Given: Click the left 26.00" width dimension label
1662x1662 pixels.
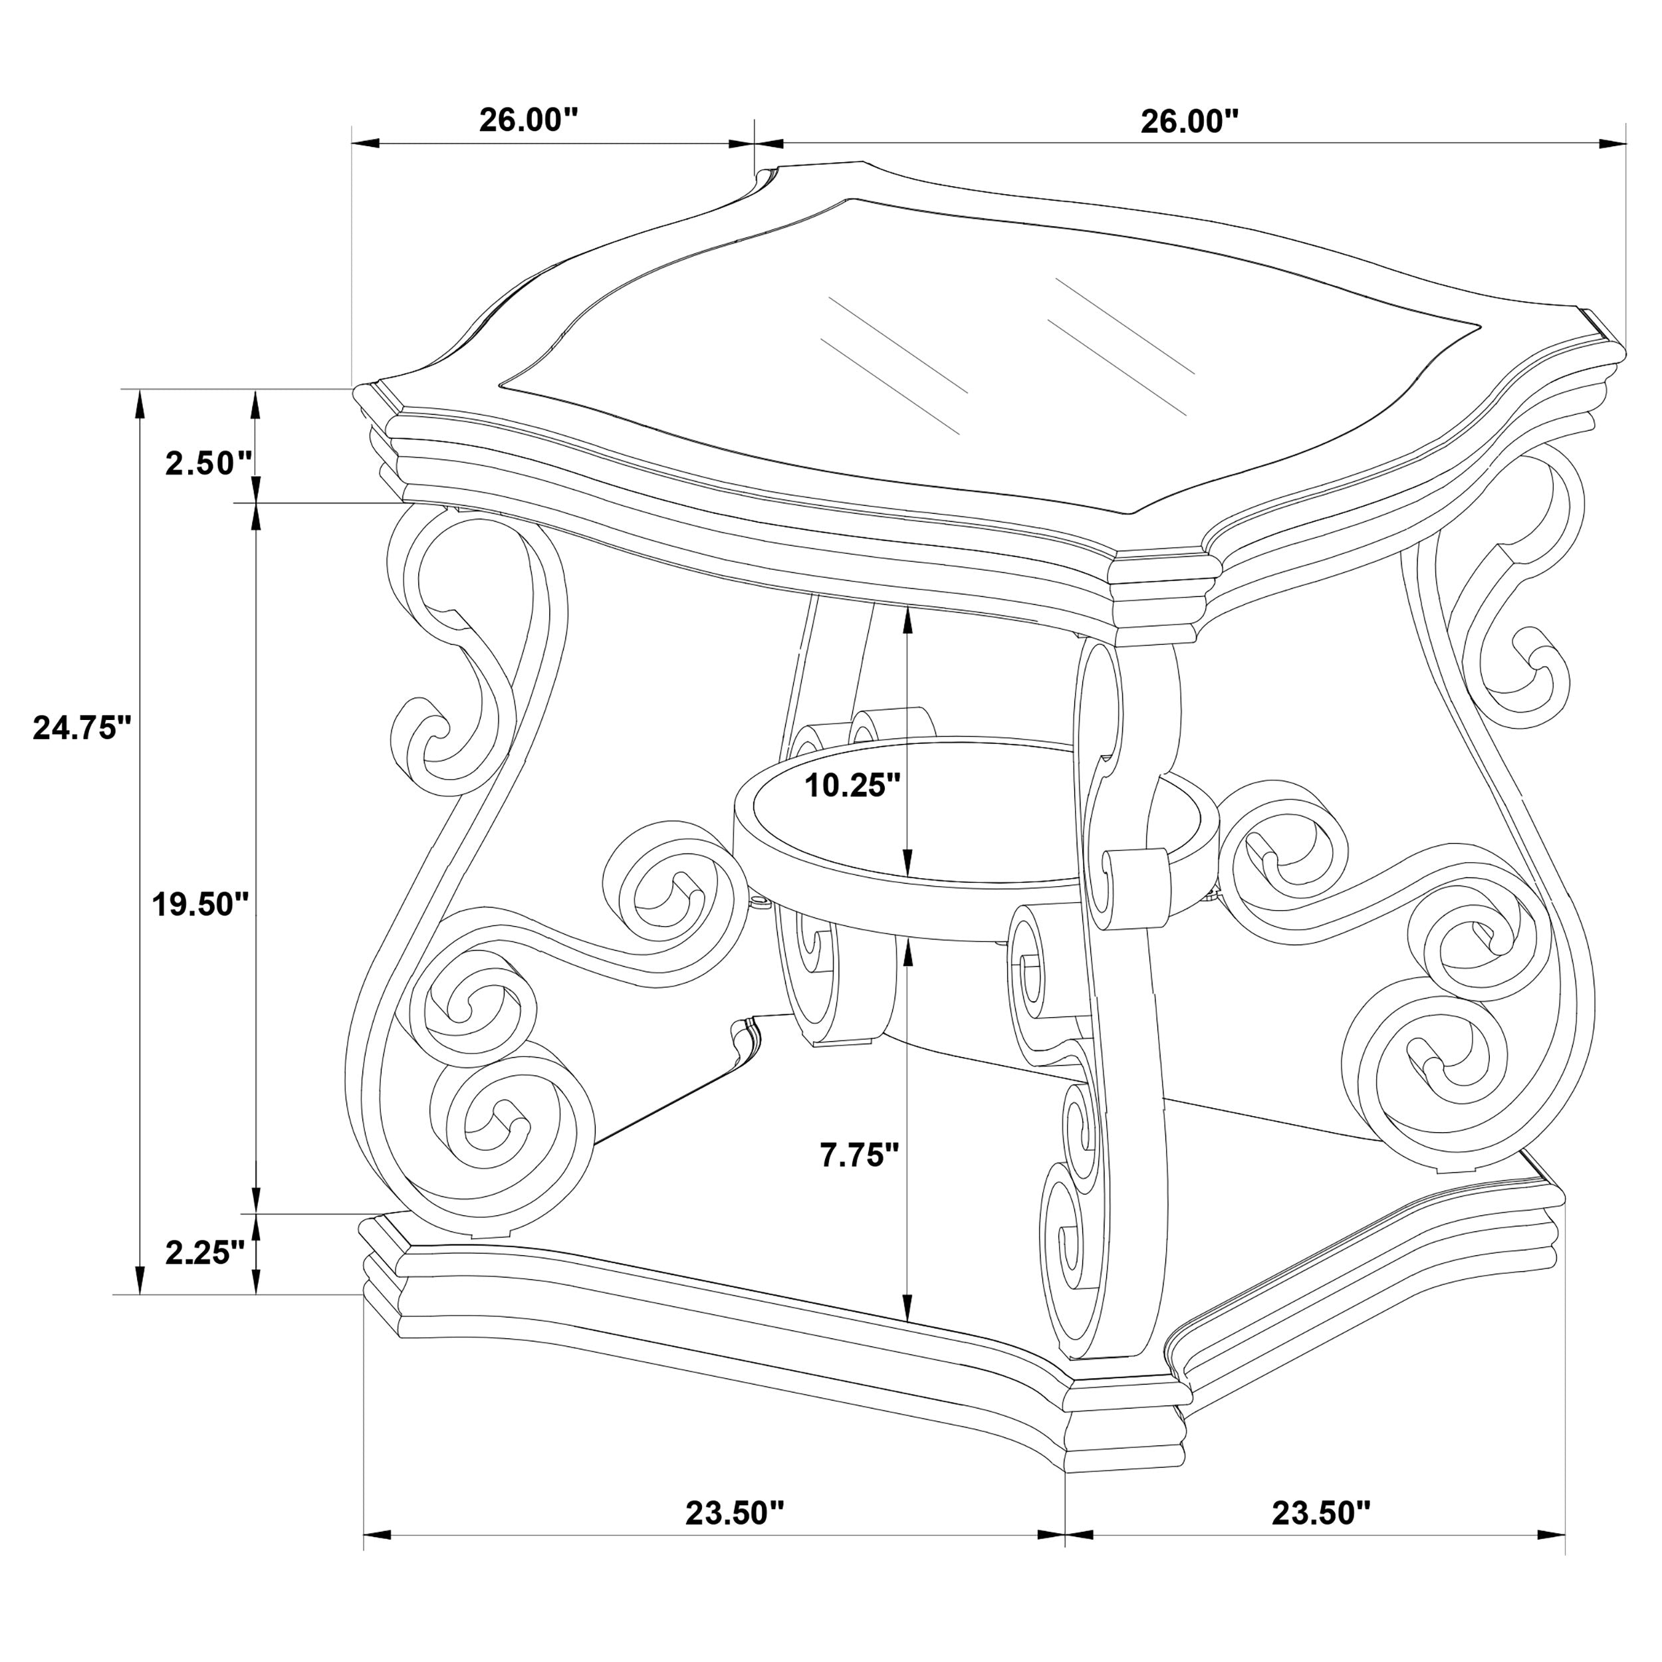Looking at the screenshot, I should (x=529, y=120).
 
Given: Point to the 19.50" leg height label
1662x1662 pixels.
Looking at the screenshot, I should (x=199, y=904).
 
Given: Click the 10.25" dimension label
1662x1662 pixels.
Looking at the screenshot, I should (x=852, y=784).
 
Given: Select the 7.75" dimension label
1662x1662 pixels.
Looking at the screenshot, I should (x=858, y=1155).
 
